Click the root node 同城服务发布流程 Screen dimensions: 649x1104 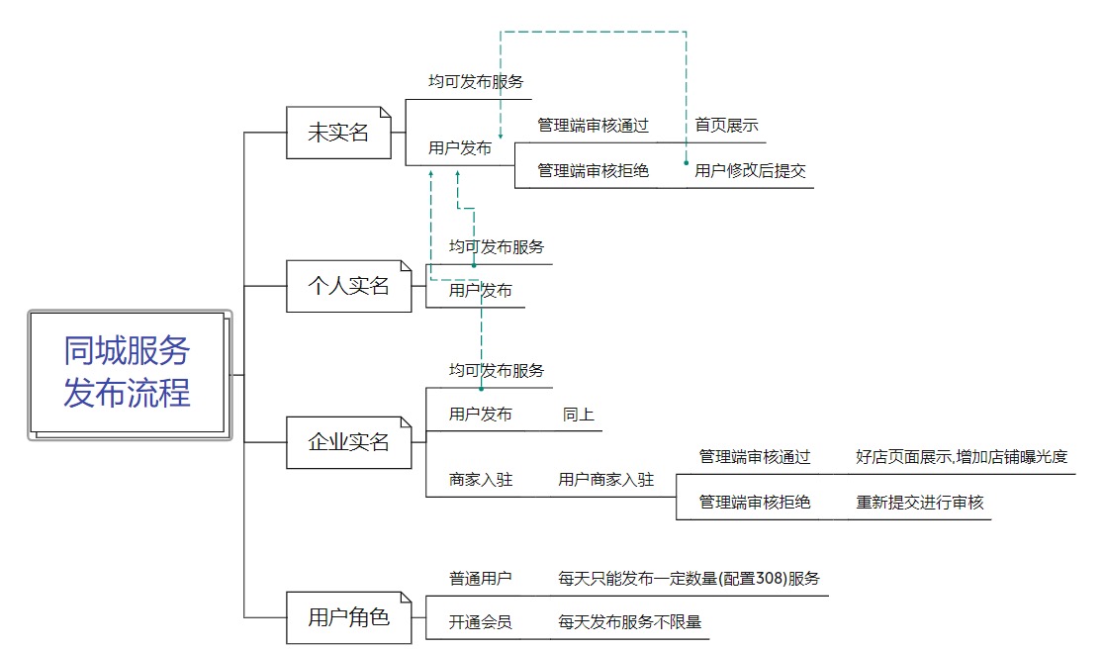128,373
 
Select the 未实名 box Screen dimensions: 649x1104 338,132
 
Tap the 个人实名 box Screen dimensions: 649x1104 348,286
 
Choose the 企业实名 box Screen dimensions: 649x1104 348,442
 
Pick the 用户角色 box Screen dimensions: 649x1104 348,617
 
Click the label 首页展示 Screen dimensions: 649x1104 726,126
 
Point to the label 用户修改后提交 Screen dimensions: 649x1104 750,171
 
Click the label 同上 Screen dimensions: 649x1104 579,415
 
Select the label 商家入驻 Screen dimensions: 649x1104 481,480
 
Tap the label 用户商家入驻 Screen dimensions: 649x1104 605,480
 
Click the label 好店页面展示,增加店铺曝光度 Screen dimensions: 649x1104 962,457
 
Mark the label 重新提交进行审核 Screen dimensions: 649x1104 920,503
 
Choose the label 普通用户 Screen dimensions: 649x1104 481,579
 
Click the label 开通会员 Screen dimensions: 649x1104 481,622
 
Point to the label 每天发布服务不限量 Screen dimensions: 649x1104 629,622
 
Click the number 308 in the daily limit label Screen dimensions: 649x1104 770,579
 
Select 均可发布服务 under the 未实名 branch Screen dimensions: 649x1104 476,82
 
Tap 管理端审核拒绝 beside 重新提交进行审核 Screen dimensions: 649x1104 755,503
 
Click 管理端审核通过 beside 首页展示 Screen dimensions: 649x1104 593,126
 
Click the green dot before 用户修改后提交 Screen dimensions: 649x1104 686,162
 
